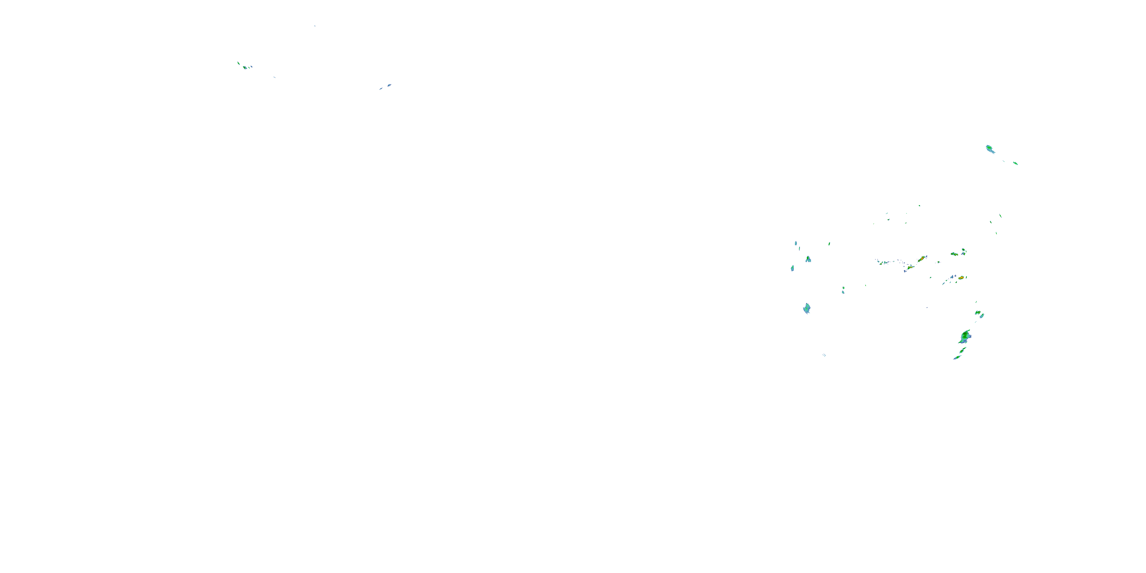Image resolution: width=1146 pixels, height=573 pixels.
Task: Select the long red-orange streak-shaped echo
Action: point(922,259)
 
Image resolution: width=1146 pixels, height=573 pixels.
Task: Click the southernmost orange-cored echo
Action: point(961,278)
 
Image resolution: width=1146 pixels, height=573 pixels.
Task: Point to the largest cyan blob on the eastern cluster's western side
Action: point(806,308)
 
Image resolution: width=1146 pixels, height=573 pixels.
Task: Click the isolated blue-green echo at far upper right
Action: point(990,149)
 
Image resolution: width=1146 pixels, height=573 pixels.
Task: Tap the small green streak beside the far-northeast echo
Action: point(1016,163)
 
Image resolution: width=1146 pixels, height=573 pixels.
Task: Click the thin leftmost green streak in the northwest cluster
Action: point(238,63)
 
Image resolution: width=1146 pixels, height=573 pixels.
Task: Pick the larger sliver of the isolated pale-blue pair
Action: point(389,85)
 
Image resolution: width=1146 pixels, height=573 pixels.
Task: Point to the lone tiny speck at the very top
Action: point(314,26)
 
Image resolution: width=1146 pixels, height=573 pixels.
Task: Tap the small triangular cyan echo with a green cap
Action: point(808,259)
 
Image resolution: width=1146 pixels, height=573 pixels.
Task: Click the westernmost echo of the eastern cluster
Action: point(792,268)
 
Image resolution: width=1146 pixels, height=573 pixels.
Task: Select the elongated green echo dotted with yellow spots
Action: point(954,254)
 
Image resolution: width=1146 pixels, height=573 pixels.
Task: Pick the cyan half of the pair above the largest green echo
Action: point(982,316)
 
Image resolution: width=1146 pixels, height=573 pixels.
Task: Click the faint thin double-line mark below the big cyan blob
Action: point(824,355)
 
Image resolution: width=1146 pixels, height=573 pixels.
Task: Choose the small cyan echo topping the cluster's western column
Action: point(796,243)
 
